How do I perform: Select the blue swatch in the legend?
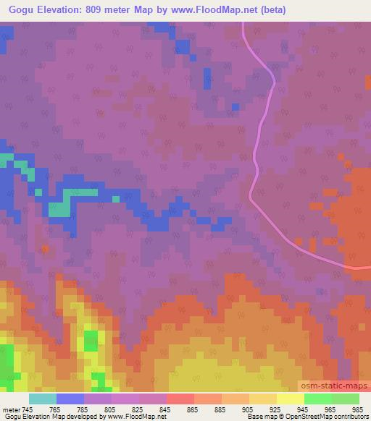pos(70,399)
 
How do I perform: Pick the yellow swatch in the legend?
pos(290,399)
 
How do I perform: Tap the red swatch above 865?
pos(180,399)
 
